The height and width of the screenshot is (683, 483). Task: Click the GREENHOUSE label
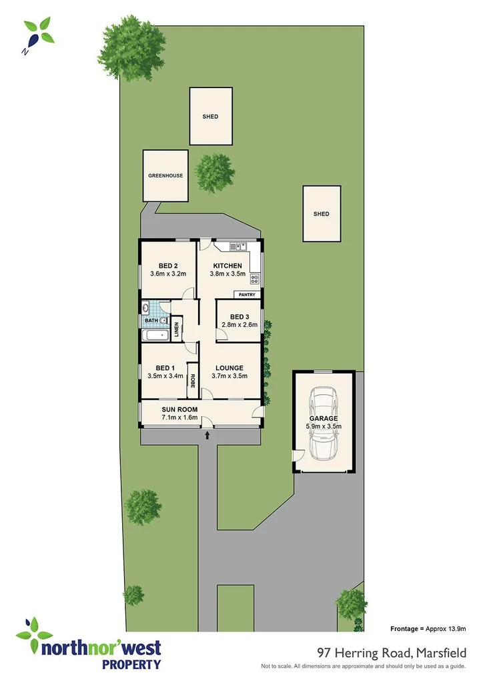click(165, 176)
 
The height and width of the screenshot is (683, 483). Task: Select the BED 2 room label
click(167, 263)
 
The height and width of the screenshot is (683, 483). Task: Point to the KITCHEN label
click(227, 265)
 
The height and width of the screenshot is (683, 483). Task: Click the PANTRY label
click(247, 295)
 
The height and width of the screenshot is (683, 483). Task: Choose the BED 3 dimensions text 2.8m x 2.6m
click(239, 325)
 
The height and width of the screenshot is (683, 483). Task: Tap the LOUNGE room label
click(229, 368)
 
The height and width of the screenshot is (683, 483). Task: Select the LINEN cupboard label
click(177, 330)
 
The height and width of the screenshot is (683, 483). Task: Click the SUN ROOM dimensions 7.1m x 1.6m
click(179, 418)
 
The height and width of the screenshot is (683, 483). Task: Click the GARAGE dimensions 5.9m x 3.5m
click(323, 427)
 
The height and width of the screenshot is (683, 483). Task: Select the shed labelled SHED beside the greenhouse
click(211, 117)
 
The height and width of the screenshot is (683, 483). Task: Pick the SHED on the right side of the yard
click(322, 214)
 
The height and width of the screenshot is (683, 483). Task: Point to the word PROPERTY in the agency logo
click(131, 664)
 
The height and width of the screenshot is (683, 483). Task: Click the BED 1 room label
click(165, 368)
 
